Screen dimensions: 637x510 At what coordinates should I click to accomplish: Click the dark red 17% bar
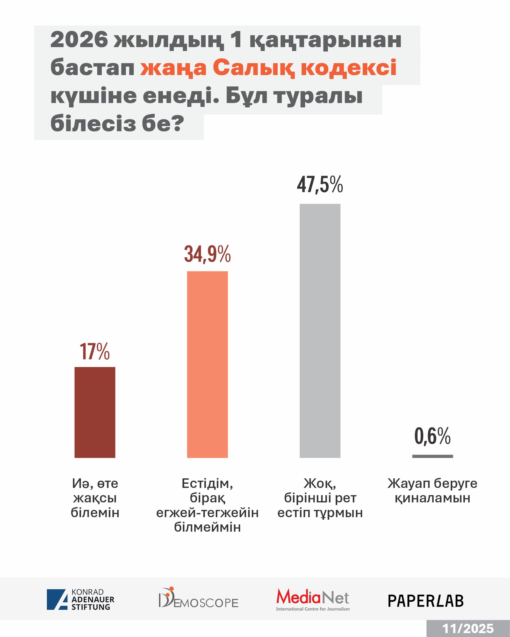click(x=95, y=412)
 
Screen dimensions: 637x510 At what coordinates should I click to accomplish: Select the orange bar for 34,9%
click(x=207, y=364)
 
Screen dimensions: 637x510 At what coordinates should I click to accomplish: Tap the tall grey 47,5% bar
click(x=320, y=331)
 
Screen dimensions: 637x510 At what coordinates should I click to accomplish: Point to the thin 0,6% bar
click(x=433, y=456)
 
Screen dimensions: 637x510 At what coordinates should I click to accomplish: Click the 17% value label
click(x=95, y=352)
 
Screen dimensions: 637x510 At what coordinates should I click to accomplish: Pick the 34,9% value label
click(x=207, y=254)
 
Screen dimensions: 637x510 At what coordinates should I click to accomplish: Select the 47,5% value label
click(x=320, y=185)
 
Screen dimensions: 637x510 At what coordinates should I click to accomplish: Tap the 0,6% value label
click(x=433, y=436)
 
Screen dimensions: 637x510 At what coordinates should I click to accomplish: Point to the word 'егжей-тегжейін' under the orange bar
click(x=207, y=512)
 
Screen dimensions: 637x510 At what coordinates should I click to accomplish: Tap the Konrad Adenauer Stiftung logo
click(x=80, y=599)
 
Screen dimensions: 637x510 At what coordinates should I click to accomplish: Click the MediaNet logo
click(x=313, y=599)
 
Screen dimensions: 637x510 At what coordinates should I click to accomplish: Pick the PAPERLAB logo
click(x=426, y=601)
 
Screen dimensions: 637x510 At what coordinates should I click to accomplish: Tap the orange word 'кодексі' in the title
click(x=349, y=68)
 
